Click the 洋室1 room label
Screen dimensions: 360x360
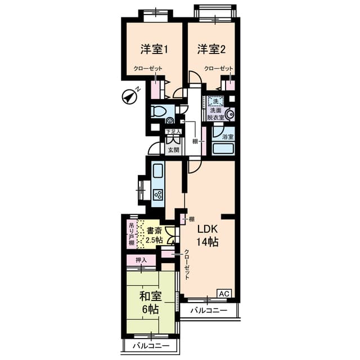155,49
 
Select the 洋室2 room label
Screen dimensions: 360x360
211,49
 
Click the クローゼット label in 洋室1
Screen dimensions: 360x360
148,69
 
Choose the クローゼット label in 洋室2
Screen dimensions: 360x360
219,69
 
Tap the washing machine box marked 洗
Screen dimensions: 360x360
214,102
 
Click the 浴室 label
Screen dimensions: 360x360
228,136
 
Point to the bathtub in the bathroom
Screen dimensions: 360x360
224,150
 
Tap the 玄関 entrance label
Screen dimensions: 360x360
173,150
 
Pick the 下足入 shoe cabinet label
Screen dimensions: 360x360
173,132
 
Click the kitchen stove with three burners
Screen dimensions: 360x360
158,195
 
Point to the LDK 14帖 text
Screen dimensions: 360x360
206,236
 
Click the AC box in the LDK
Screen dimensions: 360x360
223,293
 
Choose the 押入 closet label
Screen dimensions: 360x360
141,260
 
